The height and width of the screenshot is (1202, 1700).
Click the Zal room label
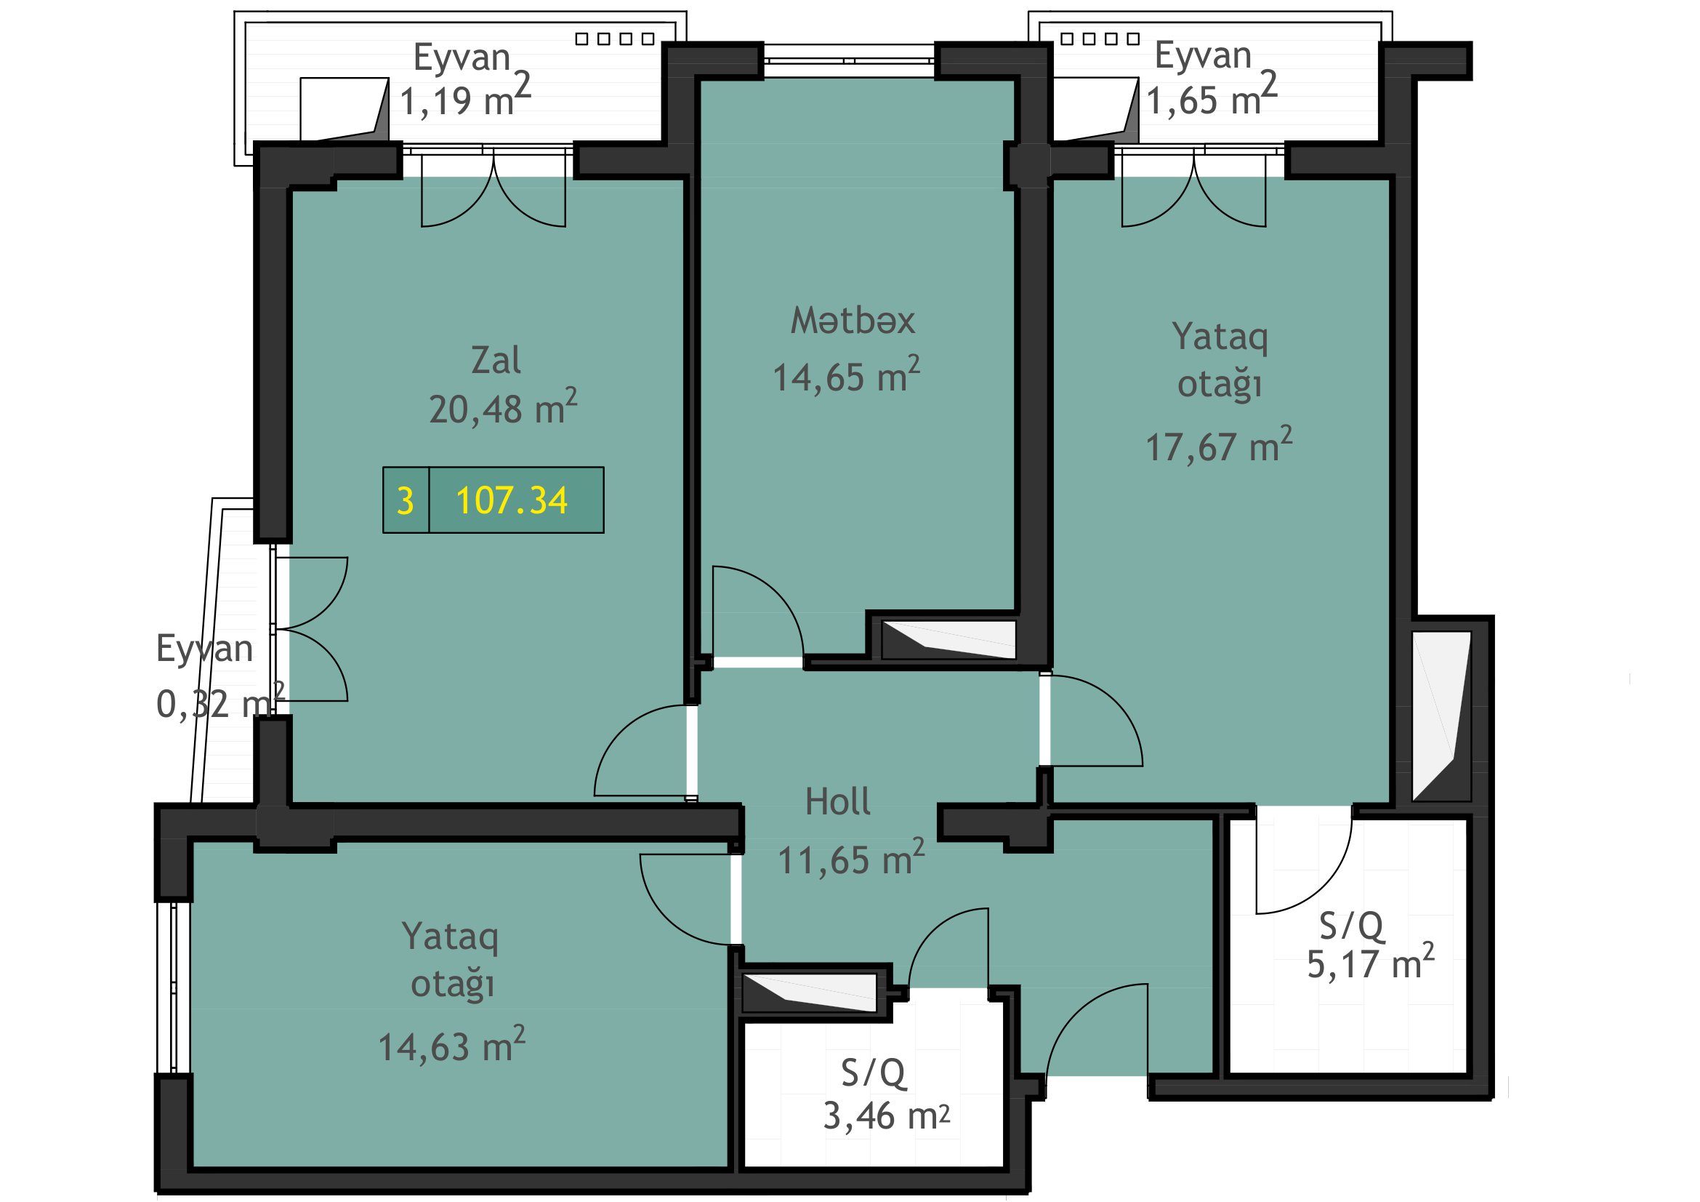point(496,361)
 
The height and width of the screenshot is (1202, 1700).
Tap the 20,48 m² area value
point(503,406)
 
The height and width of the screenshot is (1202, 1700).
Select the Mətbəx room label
point(853,321)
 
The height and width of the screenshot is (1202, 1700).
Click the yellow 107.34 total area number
point(512,500)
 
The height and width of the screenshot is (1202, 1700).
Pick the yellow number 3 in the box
point(405,502)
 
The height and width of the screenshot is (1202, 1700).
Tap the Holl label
point(837,801)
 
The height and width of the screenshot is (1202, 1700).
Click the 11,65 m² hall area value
point(851,857)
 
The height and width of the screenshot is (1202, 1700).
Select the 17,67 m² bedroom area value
point(1219,444)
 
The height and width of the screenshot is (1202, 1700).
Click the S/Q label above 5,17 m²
point(1351,925)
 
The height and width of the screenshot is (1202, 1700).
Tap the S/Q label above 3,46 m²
point(873,1073)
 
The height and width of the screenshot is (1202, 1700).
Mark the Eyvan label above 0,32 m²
point(204,649)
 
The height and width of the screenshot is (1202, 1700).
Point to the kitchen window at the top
point(849,60)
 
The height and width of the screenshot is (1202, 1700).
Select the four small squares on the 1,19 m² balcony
point(616,39)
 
